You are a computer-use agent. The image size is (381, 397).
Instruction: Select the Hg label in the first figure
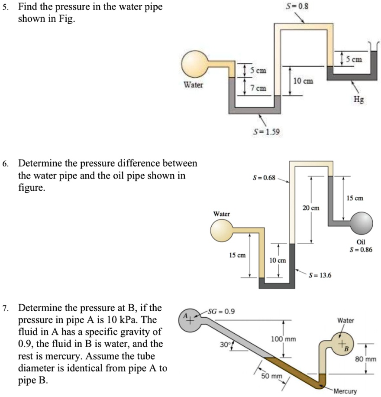click(x=359, y=99)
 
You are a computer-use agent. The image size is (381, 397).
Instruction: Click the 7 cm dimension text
click(x=260, y=88)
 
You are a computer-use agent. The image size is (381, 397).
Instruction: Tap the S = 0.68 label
click(x=263, y=178)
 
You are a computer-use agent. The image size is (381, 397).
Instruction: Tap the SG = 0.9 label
click(x=221, y=311)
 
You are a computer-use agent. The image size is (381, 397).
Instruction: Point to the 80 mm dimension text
click(x=371, y=359)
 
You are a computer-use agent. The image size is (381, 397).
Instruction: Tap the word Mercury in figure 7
click(x=345, y=391)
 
